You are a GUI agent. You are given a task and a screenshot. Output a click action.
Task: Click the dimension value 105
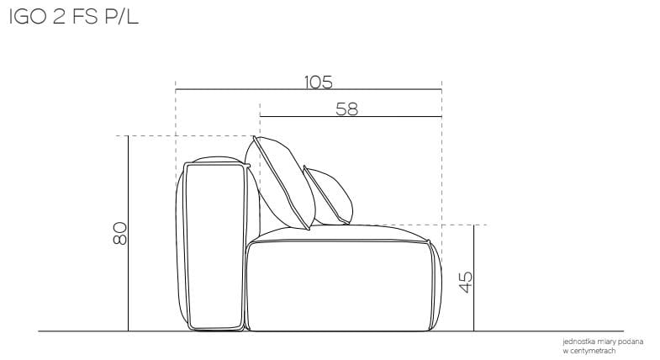click(x=318, y=82)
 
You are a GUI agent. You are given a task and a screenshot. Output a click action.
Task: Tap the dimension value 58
click(x=347, y=109)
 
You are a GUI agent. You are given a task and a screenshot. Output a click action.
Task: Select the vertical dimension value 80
click(x=120, y=233)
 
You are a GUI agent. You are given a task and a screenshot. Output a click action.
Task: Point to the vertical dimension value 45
click(x=466, y=282)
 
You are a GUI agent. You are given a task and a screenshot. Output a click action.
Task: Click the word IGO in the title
click(x=28, y=18)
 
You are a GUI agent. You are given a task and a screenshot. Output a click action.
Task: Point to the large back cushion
click(x=280, y=183)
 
